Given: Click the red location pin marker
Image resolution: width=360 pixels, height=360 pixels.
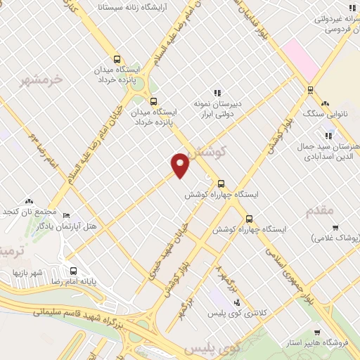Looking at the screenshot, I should (181, 164).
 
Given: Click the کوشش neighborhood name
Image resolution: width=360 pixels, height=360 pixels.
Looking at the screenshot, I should (209, 150).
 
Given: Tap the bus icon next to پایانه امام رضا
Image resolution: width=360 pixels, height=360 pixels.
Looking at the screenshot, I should (74, 270).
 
